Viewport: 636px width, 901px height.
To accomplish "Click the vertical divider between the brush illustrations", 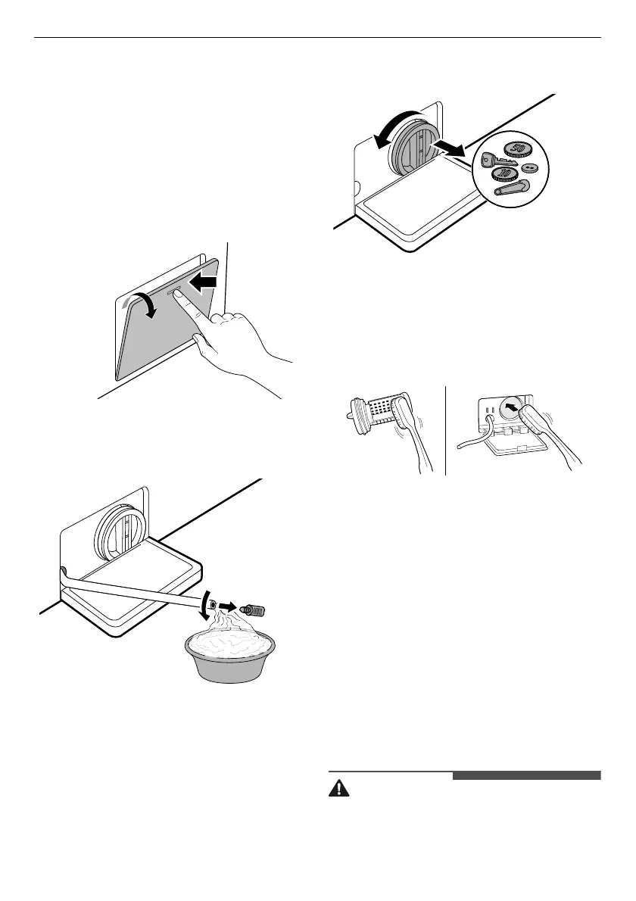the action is click(x=446, y=429).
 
